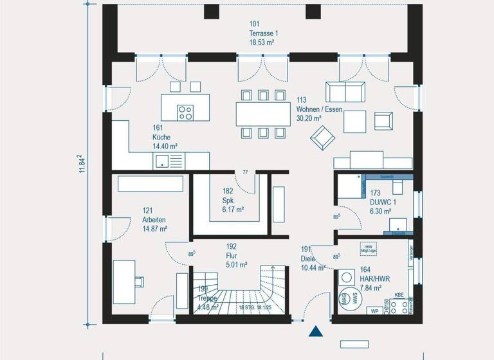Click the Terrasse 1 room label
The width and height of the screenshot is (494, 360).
(x=264, y=32)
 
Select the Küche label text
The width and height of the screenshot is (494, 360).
(x=162, y=138)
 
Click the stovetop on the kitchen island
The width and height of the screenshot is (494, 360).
(x=186, y=112)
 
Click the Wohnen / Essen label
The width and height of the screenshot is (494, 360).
(x=319, y=109)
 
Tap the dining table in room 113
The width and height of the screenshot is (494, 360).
(x=262, y=114)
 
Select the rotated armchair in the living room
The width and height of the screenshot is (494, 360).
(x=322, y=136)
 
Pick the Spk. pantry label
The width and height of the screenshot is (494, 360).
(x=229, y=200)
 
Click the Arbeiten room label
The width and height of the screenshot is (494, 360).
(x=154, y=220)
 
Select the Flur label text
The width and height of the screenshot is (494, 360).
(x=232, y=255)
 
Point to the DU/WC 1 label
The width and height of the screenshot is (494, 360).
(x=383, y=201)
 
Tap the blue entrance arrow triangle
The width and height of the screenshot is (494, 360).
(x=316, y=332)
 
